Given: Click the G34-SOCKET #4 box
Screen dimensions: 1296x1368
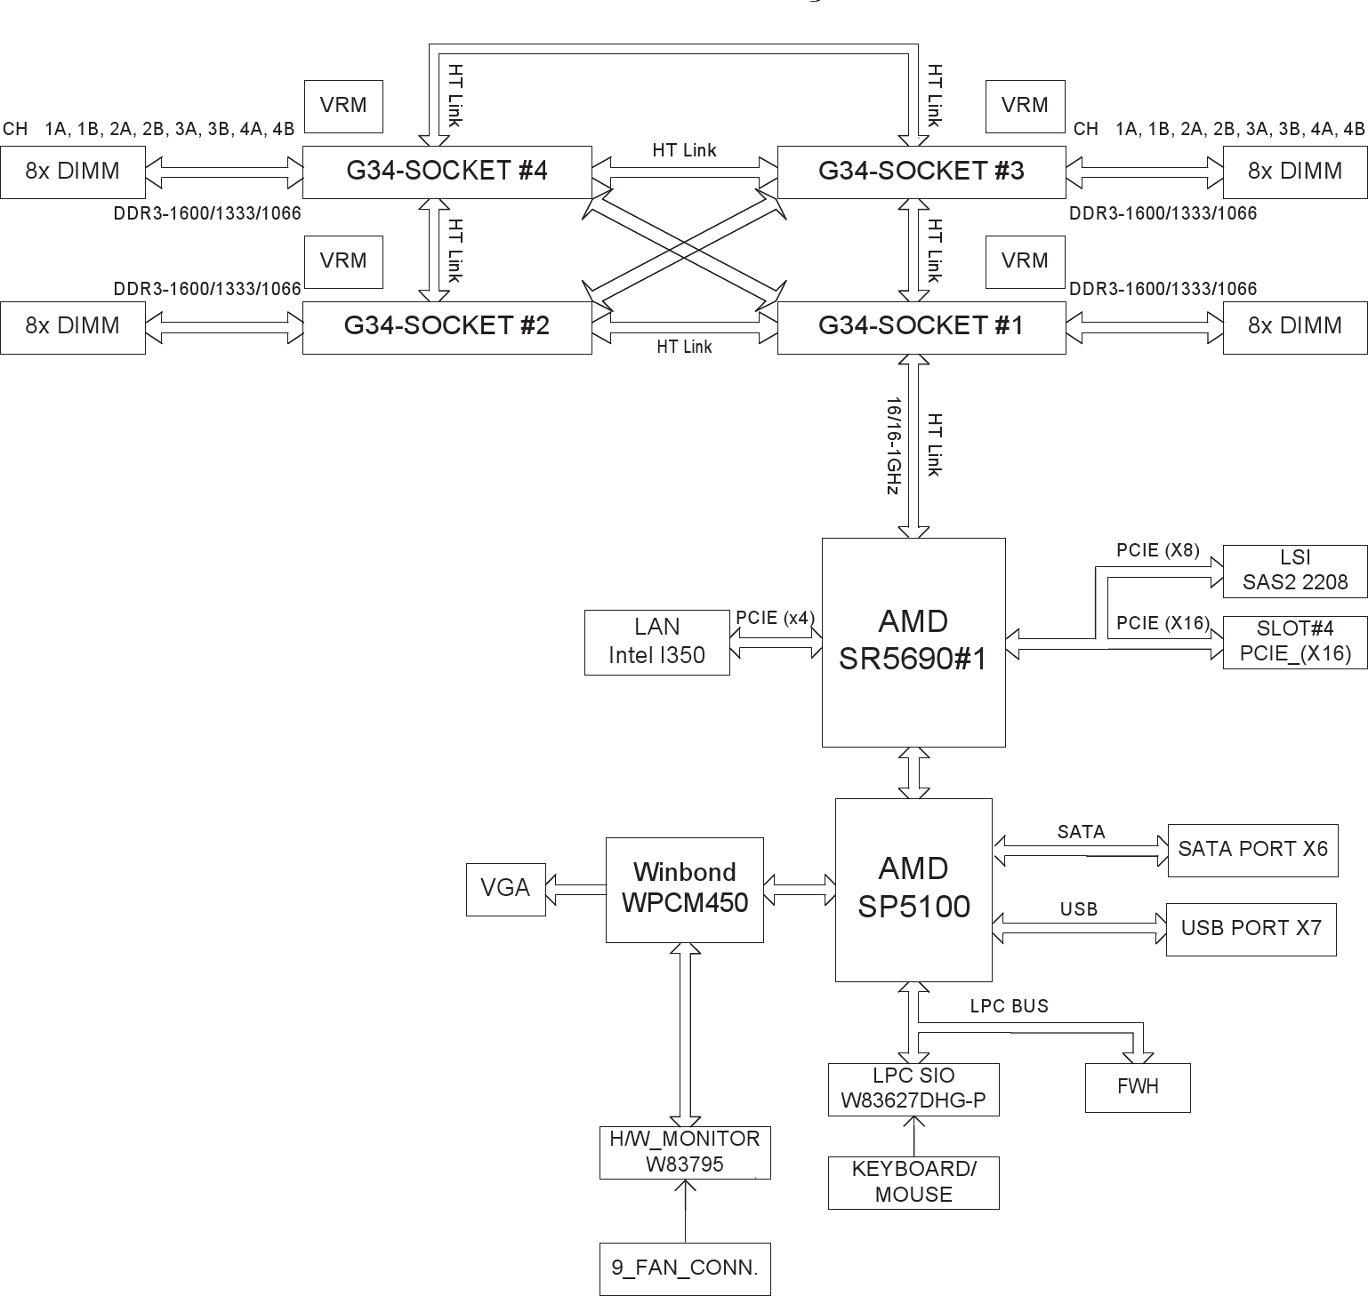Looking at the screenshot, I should pyautogui.click(x=447, y=172).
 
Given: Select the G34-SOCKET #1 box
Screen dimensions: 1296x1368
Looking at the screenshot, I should pyautogui.click(x=921, y=327).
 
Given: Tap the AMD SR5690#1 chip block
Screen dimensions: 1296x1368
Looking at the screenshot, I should pyautogui.click(x=913, y=641).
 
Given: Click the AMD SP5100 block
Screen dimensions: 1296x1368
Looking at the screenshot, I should pyautogui.click(x=913, y=889).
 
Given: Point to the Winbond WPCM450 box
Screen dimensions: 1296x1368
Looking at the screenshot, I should pyautogui.click(x=684, y=889).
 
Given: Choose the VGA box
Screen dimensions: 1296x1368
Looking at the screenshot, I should pyautogui.click(x=505, y=889).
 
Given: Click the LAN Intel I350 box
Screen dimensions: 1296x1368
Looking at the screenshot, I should pyautogui.click(x=656, y=642).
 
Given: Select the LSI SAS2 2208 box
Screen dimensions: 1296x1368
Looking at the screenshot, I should pyautogui.click(x=1294, y=571).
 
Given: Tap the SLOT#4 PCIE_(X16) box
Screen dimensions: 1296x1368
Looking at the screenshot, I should pyautogui.click(x=1294, y=642).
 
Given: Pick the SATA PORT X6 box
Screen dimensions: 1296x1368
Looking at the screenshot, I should pyautogui.click(x=1251, y=850).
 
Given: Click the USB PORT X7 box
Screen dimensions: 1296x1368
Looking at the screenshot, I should pyautogui.click(x=1251, y=929).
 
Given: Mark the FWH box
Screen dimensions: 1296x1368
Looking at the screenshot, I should pyautogui.click(x=1137, y=1087).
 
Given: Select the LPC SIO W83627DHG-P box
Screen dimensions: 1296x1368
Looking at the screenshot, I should pyautogui.click(x=913, y=1089).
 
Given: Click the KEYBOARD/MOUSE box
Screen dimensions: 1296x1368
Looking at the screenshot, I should pyautogui.click(x=913, y=1182).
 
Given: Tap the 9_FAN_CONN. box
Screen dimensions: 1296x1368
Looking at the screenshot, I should pyautogui.click(x=684, y=1268).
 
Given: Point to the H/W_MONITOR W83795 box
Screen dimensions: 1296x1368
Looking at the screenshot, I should pyautogui.click(x=684, y=1152).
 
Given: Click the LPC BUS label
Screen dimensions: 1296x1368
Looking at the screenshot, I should pyautogui.click(x=1009, y=1006).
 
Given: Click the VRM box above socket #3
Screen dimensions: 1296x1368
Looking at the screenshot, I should pyautogui.click(x=1025, y=106).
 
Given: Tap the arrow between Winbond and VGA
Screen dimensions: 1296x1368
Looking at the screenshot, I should pyautogui.click(x=575, y=889).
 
